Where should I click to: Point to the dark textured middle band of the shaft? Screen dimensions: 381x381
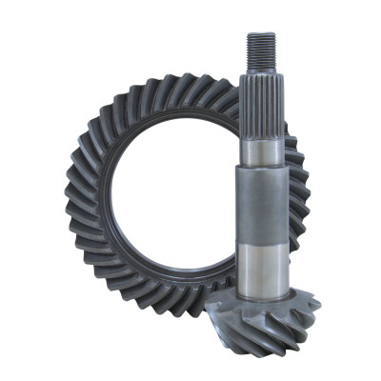pos(261,205)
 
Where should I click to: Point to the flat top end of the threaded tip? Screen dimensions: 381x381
pos(261,33)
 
